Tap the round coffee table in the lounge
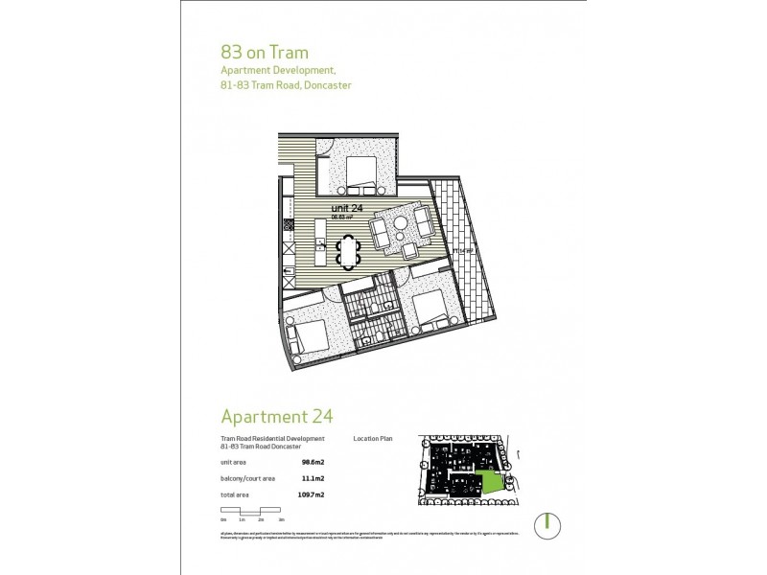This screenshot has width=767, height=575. point(398,226)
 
